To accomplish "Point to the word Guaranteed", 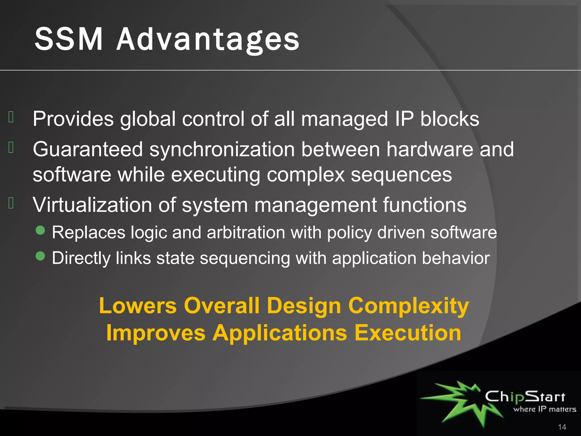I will tap(88, 149).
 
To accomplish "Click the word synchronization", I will tap(222, 150).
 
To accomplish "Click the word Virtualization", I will tap(92, 205).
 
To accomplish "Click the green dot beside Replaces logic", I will tap(41, 230).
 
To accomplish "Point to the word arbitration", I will tap(246, 233).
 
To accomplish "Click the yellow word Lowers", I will tap(138, 306).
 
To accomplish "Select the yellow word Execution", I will tap(408, 333).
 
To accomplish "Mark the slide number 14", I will tap(562, 427).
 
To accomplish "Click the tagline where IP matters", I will tap(545, 409).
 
